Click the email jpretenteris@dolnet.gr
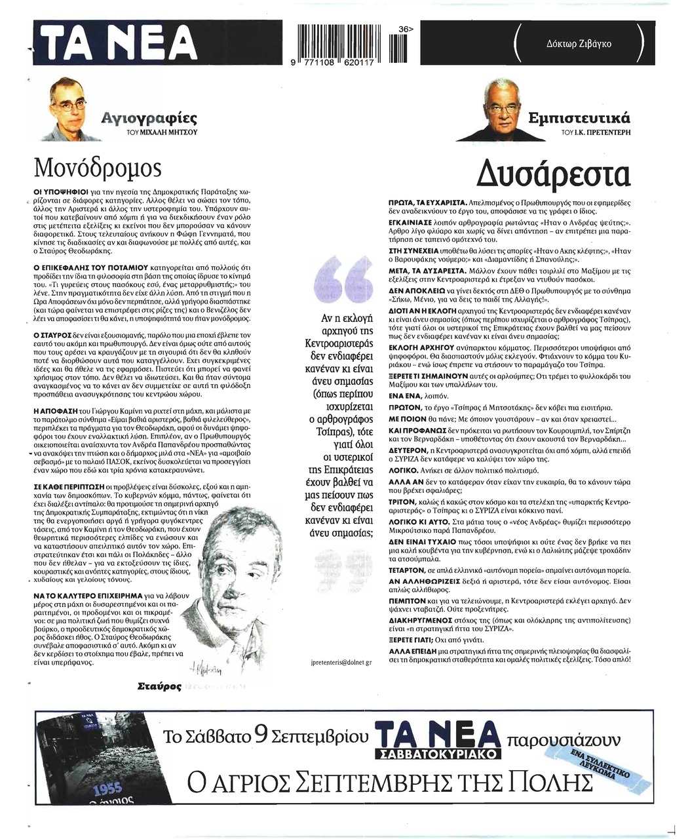(340, 663)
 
